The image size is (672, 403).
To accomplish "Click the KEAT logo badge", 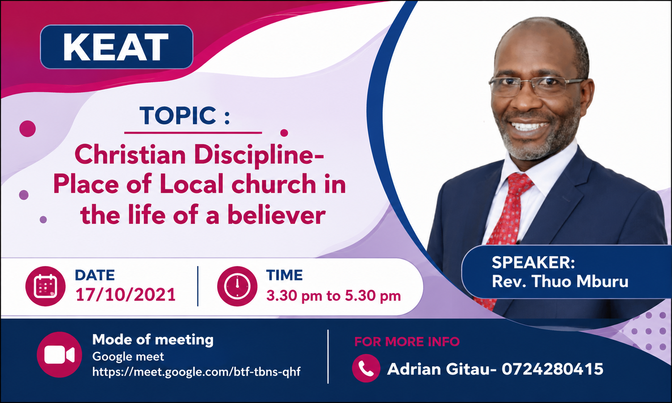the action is (116, 47).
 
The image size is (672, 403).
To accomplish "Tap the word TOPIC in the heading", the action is (178, 115).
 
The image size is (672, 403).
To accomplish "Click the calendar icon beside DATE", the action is (45, 286).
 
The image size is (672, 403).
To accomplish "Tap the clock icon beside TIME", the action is (237, 286).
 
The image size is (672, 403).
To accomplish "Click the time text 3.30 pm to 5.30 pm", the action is (334, 296).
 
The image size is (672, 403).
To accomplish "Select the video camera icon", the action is (59, 354).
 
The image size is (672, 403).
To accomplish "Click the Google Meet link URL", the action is (196, 372).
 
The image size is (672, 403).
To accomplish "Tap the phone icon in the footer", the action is (366, 368).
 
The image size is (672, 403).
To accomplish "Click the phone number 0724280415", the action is (552, 369).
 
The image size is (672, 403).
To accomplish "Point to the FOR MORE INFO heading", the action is (407, 342).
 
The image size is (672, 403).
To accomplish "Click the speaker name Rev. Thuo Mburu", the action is (560, 281).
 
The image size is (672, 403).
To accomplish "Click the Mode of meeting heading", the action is (153, 339).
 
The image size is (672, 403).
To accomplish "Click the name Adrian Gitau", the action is (438, 369).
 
